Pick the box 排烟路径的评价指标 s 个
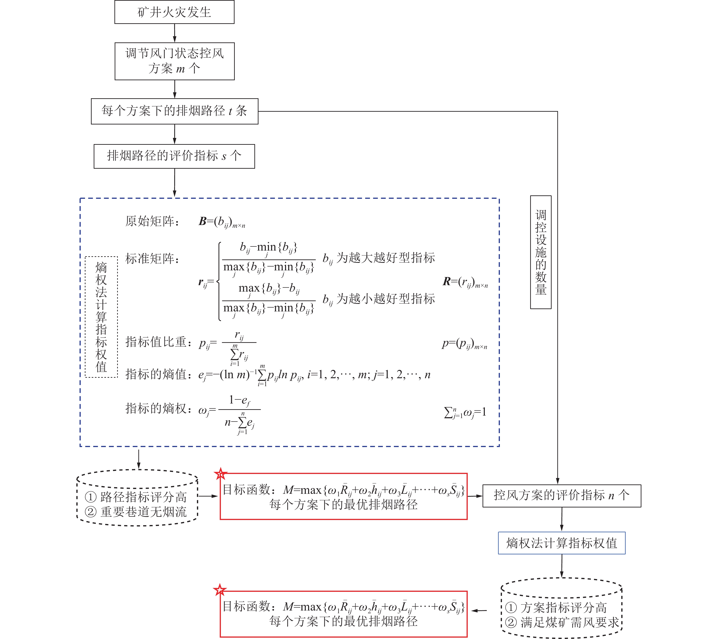click(174, 156)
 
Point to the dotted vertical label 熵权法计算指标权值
click(101, 317)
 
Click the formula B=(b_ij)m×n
click(222, 222)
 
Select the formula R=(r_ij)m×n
click(465, 282)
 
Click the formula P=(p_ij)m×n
click(464, 344)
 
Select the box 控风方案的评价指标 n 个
click(561, 495)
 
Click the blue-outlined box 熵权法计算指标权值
click(561, 543)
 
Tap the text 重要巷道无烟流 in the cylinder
click(143, 512)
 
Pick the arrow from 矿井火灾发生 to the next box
click(175, 33)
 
